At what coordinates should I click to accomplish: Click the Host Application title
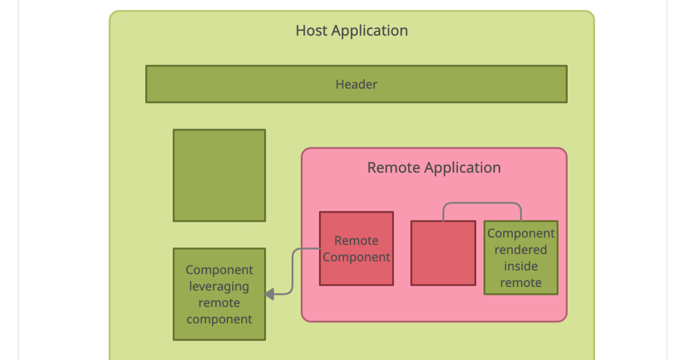[352, 31]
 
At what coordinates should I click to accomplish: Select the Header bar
[257, 84]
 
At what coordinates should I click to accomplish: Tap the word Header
[356, 85]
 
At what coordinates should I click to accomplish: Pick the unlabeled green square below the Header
[219, 175]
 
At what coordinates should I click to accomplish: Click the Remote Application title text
[434, 168]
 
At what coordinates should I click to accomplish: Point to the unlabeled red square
[443, 253]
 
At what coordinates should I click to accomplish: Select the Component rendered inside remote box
[521, 258]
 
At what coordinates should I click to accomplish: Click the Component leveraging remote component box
[219, 294]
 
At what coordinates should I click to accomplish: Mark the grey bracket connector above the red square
[482, 203]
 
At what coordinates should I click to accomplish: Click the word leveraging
[219, 286]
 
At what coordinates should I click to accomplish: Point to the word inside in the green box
[521, 266]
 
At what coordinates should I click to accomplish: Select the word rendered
[521, 250]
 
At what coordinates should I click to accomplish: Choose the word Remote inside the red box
[356, 241]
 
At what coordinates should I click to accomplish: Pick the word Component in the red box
[356, 257]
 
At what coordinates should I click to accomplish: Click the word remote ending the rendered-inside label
[521, 283]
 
